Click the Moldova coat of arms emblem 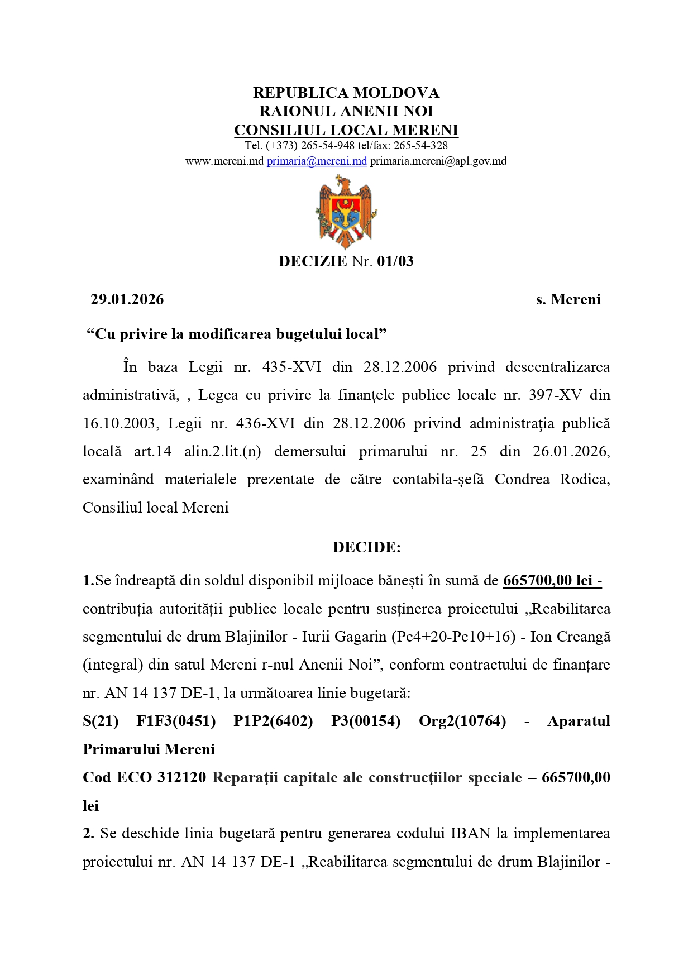pyautogui.click(x=346, y=212)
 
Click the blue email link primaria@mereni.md pyautogui.click(x=317, y=161)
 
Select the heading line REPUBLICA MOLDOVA pyautogui.click(x=346, y=93)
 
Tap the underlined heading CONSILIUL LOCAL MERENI pyautogui.click(x=346, y=130)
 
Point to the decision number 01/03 pyautogui.click(x=395, y=261)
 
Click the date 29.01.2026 pyautogui.click(x=127, y=299)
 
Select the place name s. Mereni pyautogui.click(x=568, y=299)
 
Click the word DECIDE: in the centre pyautogui.click(x=366, y=547)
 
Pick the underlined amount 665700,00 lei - pyautogui.click(x=552, y=581)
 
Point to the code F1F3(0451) pyautogui.click(x=176, y=721)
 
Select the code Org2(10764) pyautogui.click(x=462, y=721)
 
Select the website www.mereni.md pyautogui.click(x=224, y=161)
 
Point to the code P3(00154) pyautogui.click(x=366, y=721)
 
